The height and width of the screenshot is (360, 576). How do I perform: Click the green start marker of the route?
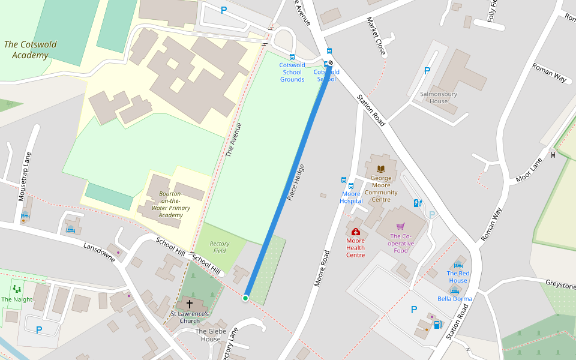245,298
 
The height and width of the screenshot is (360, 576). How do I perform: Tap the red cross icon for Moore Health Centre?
355,232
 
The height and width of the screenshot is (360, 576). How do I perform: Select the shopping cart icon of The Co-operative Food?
401,226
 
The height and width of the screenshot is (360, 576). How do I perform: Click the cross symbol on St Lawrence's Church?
190,304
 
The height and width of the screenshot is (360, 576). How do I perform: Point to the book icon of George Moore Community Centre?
380,169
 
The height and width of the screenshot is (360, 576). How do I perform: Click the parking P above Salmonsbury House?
427,71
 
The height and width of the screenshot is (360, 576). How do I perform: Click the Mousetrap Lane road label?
24,176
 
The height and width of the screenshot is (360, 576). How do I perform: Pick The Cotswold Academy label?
26,50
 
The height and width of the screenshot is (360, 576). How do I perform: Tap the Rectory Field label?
220,247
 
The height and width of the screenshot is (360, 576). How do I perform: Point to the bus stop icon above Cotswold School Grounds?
292,56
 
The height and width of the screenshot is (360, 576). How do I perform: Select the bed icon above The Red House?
458,265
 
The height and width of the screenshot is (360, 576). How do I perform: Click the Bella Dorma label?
455,299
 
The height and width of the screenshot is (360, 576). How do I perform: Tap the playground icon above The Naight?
17,289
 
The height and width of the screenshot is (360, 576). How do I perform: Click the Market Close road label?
376,36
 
